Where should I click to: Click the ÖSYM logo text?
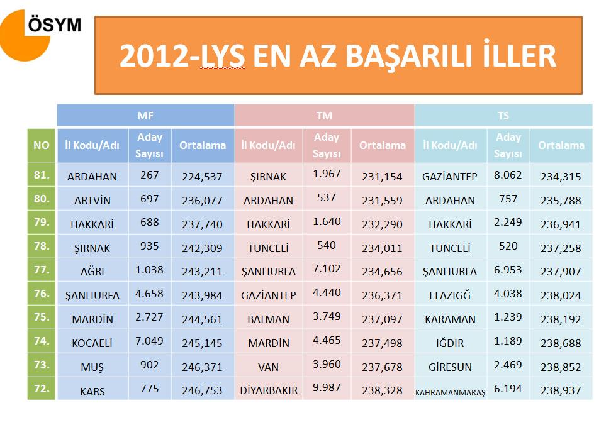pyautogui.click(x=55, y=25)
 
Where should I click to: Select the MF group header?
pyautogui.click(x=145, y=116)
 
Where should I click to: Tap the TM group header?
pyautogui.click(x=324, y=116)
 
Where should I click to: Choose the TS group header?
pyautogui.click(x=503, y=116)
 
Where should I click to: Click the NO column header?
pyautogui.click(x=42, y=145)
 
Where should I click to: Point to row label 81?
pyautogui.click(x=42, y=175)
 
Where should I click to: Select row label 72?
pyautogui.click(x=42, y=389)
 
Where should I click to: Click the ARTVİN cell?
pyautogui.click(x=92, y=201)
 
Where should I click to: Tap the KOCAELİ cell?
pyautogui.click(x=92, y=343)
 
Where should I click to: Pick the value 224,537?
pyautogui.click(x=202, y=177)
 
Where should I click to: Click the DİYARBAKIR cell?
pyautogui.click(x=269, y=390)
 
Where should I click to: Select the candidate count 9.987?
pyautogui.click(x=327, y=388)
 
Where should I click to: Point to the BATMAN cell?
pyautogui.click(x=269, y=319)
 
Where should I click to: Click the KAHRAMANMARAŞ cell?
pyautogui.click(x=450, y=392)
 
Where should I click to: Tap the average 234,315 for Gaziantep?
pyautogui.click(x=561, y=177)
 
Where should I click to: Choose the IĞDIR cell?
pyautogui.click(x=450, y=343)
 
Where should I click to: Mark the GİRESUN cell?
pyautogui.click(x=450, y=367)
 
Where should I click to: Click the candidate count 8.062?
pyautogui.click(x=508, y=175)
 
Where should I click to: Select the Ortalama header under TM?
pyautogui.click(x=382, y=145)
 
